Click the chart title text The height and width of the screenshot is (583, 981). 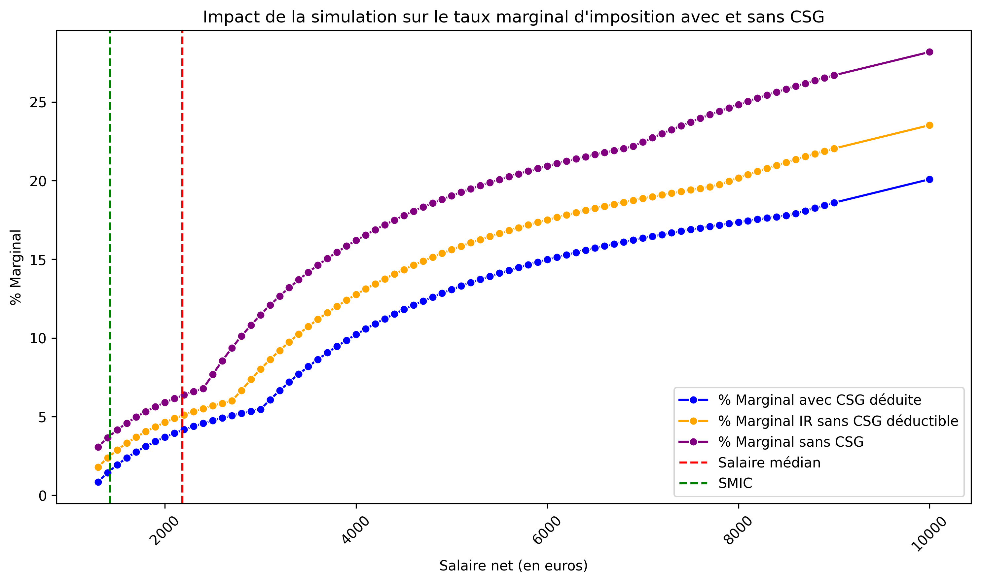pyautogui.click(x=513, y=17)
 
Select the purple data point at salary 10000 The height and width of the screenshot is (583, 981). pyautogui.click(x=929, y=52)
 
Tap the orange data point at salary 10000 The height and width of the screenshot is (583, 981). pyautogui.click(x=929, y=125)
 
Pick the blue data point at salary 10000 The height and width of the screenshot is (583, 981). pyautogui.click(x=929, y=180)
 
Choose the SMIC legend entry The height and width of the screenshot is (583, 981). pyautogui.click(x=735, y=483)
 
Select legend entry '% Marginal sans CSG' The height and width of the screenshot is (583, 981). pyautogui.click(x=791, y=442)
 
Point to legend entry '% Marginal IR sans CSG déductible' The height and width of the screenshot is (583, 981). pyautogui.click(x=838, y=421)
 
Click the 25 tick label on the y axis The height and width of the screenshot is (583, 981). pyautogui.click(x=38, y=103)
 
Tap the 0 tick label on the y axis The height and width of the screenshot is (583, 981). pyautogui.click(x=42, y=496)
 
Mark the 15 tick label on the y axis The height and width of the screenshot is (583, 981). pyautogui.click(x=38, y=260)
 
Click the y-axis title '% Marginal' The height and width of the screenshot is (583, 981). pyautogui.click(x=16, y=267)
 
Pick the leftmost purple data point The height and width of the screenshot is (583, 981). pyautogui.click(x=98, y=447)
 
